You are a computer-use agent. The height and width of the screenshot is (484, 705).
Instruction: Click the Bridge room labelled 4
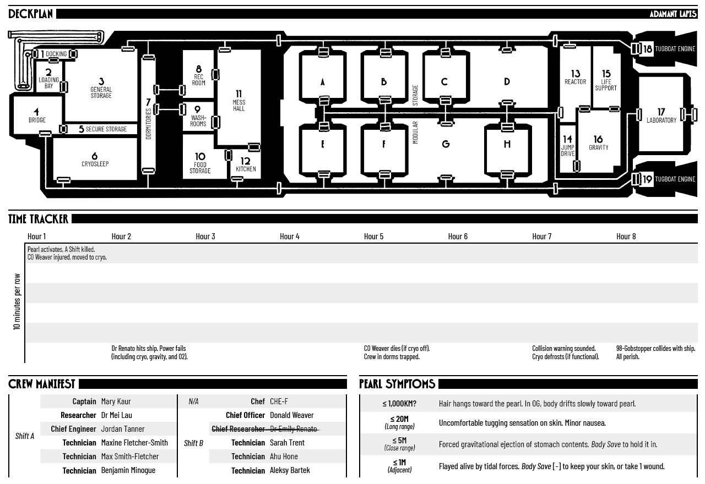pos(37,115)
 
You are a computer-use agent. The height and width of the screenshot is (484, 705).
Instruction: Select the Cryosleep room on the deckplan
pos(95,159)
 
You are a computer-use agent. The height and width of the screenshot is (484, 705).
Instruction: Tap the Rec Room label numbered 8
pos(199,75)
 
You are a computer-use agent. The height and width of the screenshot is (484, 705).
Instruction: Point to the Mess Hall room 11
pos(239,101)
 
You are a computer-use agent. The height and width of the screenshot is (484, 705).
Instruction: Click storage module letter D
pos(507,82)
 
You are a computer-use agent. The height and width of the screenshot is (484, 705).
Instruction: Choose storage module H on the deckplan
pos(507,144)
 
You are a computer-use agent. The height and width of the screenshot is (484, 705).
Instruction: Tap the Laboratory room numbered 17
pos(661,115)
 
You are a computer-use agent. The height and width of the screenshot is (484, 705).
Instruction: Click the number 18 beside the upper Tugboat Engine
pos(647,49)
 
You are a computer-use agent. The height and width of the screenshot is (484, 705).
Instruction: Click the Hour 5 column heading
pos(373,237)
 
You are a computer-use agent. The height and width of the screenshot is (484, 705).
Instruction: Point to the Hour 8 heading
pos(626,237)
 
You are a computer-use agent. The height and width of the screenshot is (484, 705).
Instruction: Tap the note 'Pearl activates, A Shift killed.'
pos(61,249)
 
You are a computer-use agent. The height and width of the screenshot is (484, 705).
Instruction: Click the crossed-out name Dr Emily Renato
pos(294,429)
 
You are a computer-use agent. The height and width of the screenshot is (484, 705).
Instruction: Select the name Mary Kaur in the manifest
pos(116,402)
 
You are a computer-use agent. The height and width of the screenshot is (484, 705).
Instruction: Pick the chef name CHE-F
pos(279,402)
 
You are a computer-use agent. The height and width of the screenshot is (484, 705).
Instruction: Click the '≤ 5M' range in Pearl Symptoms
pos(399,441)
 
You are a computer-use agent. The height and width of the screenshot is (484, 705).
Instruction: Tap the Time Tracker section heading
pos(38,219)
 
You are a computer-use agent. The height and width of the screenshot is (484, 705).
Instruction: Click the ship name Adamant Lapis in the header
pos(673,14)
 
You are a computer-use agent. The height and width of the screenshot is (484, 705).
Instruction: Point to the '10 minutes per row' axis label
pos(17,302)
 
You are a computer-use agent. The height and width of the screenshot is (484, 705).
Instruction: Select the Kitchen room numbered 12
pos(246,164)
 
